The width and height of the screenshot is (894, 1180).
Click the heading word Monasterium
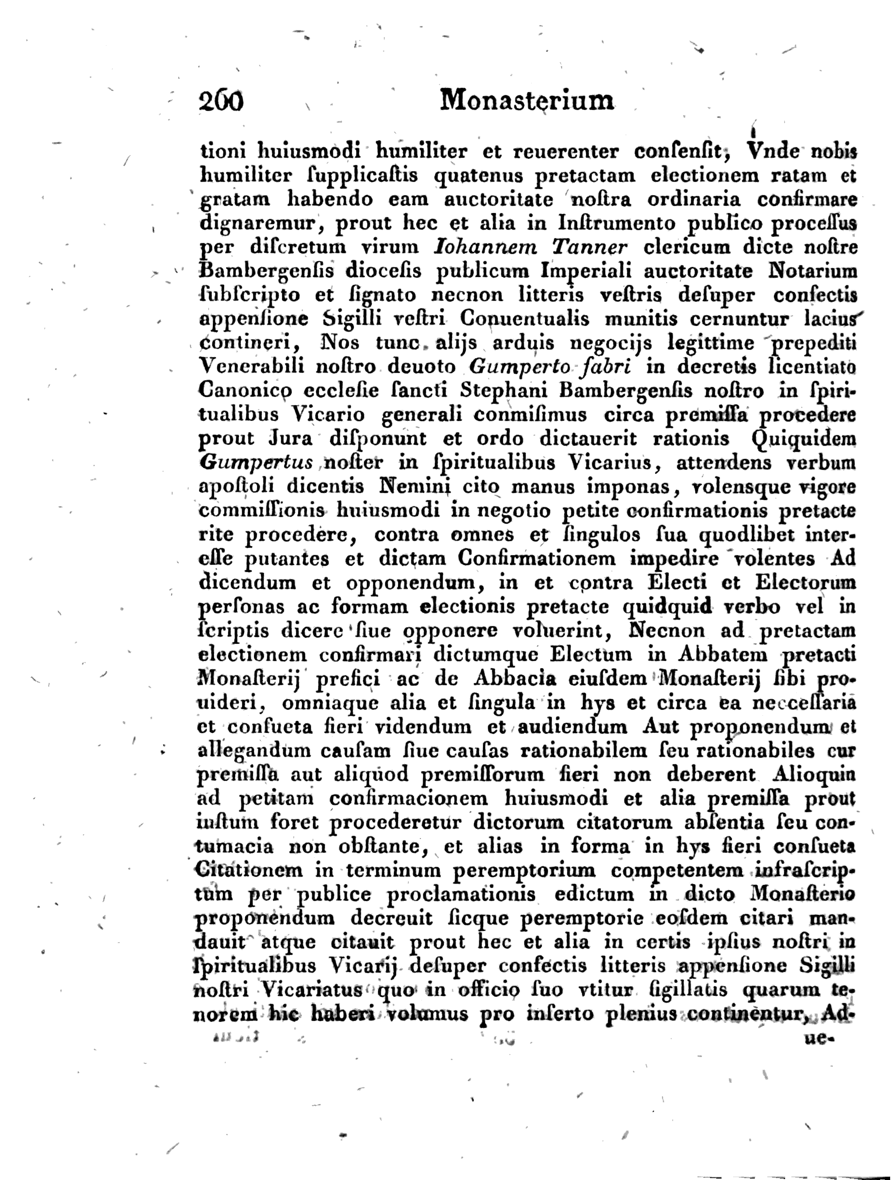(x=527, y=100)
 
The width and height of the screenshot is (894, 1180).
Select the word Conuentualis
(x=525, y=319)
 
